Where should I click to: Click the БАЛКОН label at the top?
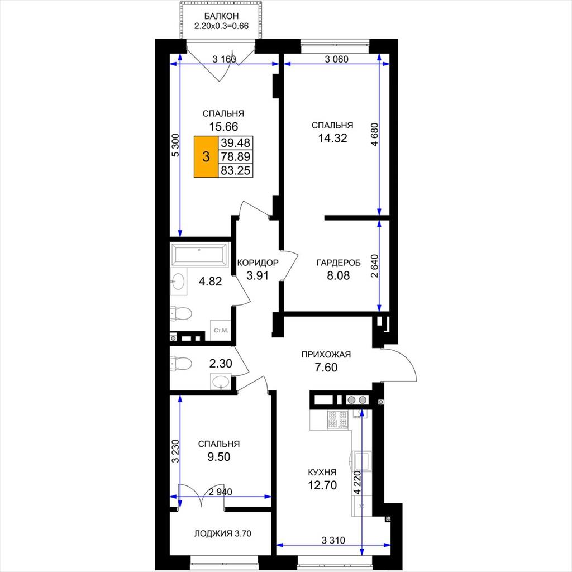(221, 16)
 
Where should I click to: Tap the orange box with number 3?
(206, 157)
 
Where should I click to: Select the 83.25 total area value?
(236, 170)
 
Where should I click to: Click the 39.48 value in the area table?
(236, 142)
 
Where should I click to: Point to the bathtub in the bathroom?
(199, 254)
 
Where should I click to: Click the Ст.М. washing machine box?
(221, 331)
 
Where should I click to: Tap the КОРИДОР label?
(258, 263)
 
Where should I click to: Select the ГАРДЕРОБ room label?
(339, 263)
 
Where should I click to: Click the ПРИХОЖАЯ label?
(326, 354)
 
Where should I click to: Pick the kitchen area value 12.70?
(322, 485)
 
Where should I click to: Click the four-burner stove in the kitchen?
(339, 420)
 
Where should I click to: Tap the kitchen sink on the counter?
(361, 461)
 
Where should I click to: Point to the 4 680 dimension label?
(375, 135)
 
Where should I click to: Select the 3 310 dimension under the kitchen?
(333, 540)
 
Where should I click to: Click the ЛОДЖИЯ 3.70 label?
(222, 533)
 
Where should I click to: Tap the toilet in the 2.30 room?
(181, 364)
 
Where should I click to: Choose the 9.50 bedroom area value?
(219, 457)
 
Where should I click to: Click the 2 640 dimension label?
(375, 266)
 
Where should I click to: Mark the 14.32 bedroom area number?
(332, 139)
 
